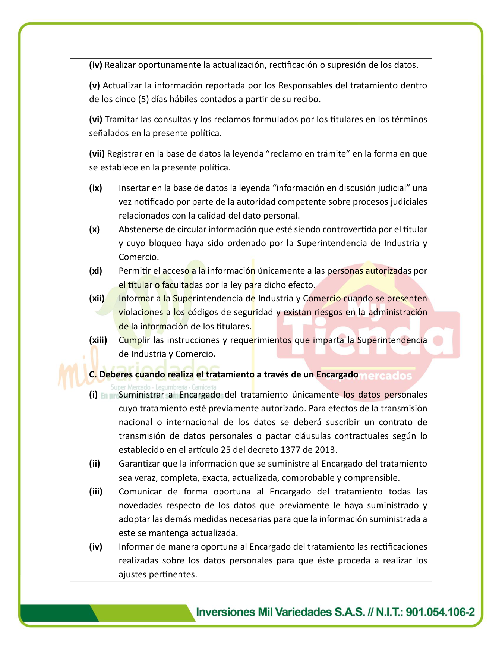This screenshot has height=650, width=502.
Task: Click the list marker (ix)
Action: pyautogui.click(x=95, y=188)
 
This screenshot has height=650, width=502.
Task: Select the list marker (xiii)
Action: pyautogui.click(x=98, y=340)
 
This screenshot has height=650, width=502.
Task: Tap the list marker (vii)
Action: pyautogui.click(x=97, y=154)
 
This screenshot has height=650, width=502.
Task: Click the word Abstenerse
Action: pyautogui.click(x=139, y=229)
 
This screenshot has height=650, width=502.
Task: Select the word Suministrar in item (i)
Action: pyautogui.click(x=141, y=395)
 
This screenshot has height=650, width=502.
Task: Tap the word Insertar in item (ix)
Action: pyautogui.click(x=135, y=188)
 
